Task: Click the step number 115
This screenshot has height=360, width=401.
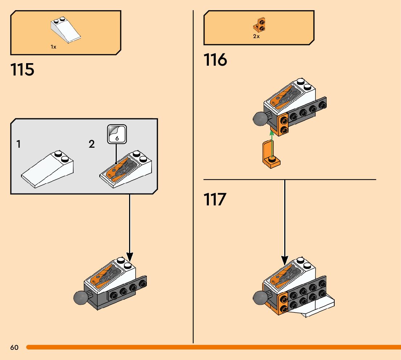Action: point(22,70)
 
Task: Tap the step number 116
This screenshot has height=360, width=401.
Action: point(215,60)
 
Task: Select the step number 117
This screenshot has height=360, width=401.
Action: point(215,200)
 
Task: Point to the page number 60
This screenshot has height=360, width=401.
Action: point(15,347)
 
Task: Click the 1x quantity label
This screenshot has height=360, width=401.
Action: point(53,47)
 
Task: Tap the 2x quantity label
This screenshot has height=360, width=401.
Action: point(256,36)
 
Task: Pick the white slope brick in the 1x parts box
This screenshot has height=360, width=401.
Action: point(66,30)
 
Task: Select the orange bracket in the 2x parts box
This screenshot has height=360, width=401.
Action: point(259,25)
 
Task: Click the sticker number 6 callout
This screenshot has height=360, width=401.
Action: point(117,134)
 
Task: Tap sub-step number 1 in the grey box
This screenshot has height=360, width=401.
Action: point(18,144)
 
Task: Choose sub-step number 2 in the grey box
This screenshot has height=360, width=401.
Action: point(92,144)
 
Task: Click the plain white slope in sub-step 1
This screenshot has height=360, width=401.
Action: point(47,169)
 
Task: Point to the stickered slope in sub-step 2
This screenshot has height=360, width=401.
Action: point(125,169)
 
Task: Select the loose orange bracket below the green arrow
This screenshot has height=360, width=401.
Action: point(271,154)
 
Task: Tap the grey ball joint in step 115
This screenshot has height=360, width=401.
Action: point(80,298)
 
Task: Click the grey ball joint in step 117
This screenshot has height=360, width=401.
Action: point(260,298)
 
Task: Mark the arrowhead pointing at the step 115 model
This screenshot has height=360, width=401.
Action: point(130,257)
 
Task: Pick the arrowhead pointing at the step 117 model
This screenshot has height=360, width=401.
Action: point(285,261)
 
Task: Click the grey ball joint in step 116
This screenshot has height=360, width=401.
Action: point(260,119)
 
